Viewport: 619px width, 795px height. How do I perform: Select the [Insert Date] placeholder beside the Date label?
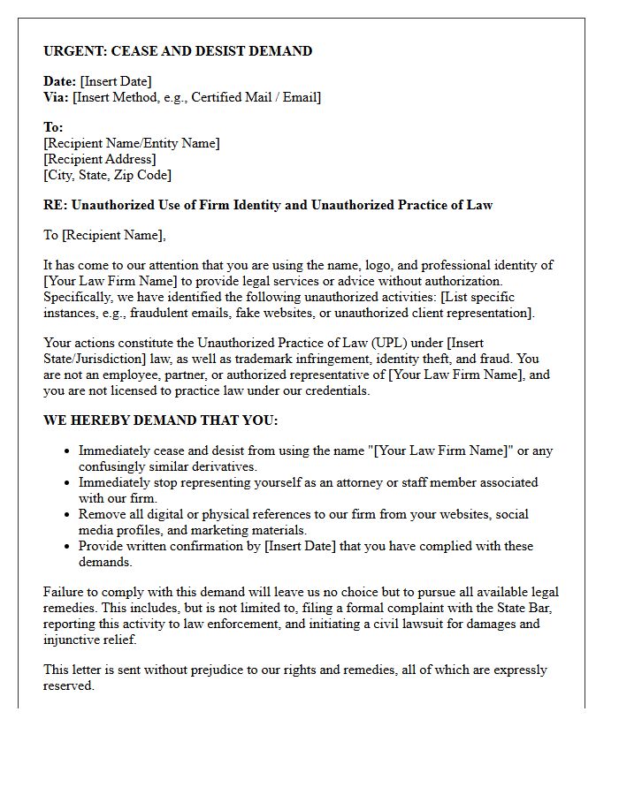[x=116, y=82]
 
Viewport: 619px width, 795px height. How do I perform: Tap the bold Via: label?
[x=56, y=97]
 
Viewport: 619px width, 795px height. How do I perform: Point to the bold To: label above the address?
[x=53, y=128]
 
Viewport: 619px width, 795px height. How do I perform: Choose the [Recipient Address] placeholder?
[x=99, y=159]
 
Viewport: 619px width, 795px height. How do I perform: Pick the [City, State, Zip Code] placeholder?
[x=107, y=175]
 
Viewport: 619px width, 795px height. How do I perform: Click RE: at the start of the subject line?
[x=55, y=205]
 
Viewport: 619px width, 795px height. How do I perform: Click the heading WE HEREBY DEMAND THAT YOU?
[x=160, y=420]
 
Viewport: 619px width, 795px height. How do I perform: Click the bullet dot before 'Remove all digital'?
[x=67, y=515]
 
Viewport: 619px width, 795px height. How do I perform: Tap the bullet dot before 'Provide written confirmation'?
[x=67, y=547]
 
